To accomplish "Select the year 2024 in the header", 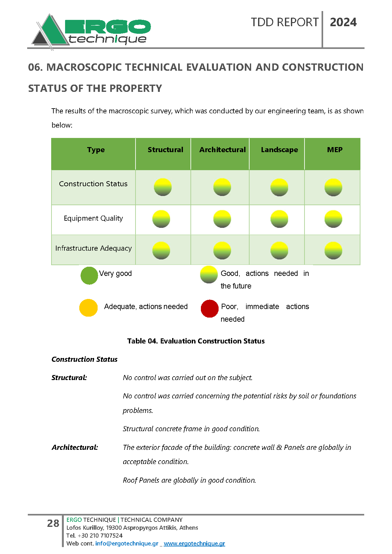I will click(x=343, y=22).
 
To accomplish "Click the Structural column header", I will click(x=165, y=150).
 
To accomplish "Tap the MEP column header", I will click(x=335, y=150).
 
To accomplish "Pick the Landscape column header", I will click(x=279, y=150).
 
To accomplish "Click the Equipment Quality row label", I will click(x=93, y=218).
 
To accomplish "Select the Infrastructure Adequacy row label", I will click(x=93, y=248).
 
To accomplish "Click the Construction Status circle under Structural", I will click(x=163, y=187).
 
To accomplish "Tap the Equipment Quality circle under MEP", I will click(x=333, y=219).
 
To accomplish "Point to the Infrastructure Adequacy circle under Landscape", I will click(x=279, y=251).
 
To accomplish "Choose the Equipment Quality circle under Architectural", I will click(x=222, y=219).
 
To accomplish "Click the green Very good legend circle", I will click(x=89, y=276).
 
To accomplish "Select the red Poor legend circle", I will click(x=209, y=308).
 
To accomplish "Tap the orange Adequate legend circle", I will click(x=88, y=308).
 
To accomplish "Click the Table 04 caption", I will click(x=196, y=341).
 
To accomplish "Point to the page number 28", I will click(x=53, y=523).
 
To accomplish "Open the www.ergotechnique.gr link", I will click(x=194, y=544).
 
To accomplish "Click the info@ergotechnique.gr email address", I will click(x=127, y=544).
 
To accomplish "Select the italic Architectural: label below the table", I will click(x=75, y=447).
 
